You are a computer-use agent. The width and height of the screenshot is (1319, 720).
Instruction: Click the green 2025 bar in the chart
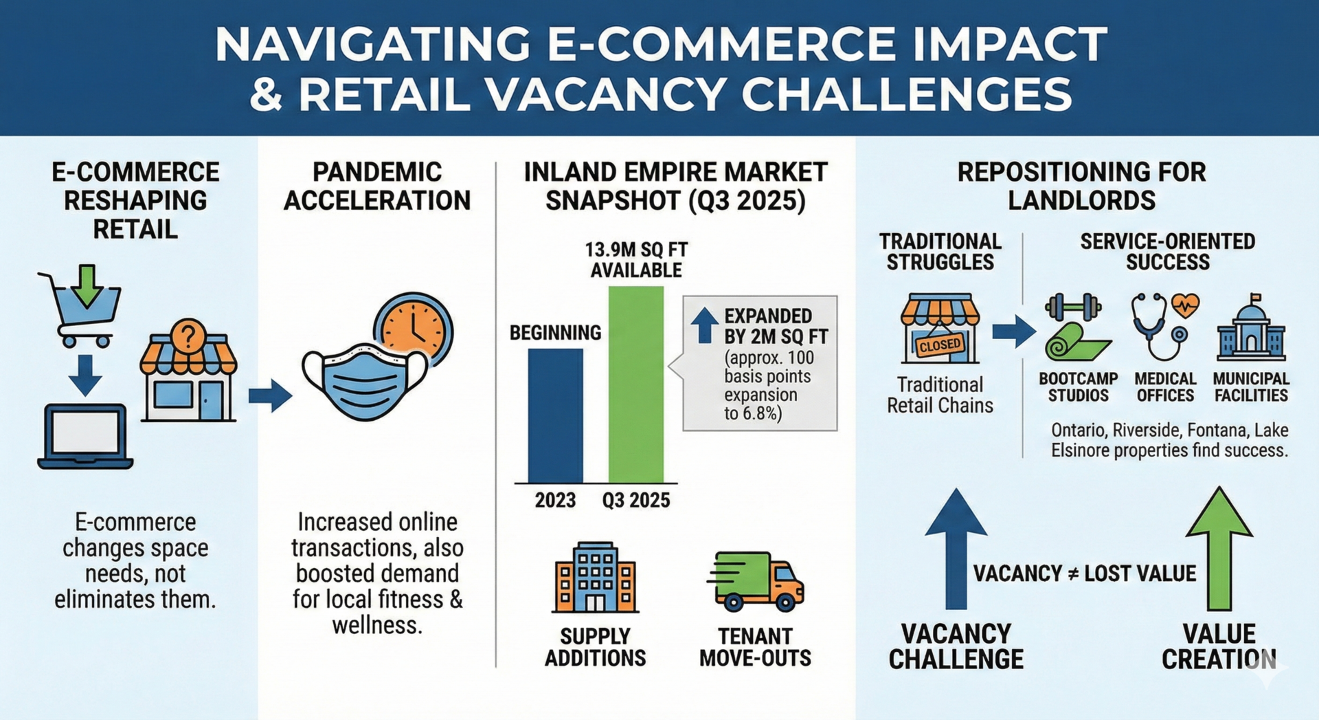point(635,385)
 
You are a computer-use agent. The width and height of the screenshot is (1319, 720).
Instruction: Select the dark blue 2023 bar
point(555,416)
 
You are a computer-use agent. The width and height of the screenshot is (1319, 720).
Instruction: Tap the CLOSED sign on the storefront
point(939,345)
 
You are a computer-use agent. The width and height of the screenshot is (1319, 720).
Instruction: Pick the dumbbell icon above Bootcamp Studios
point(1072,307)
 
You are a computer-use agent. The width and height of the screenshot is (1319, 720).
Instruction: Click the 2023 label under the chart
point(555,500)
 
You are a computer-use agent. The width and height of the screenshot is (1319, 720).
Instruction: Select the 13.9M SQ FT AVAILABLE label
point(636,260)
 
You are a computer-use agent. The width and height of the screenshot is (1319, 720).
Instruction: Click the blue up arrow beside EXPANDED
point(704,325)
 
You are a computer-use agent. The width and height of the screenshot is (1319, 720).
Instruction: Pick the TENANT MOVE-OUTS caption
point(755,647)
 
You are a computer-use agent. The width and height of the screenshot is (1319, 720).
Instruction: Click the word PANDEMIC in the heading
point(377,172)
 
